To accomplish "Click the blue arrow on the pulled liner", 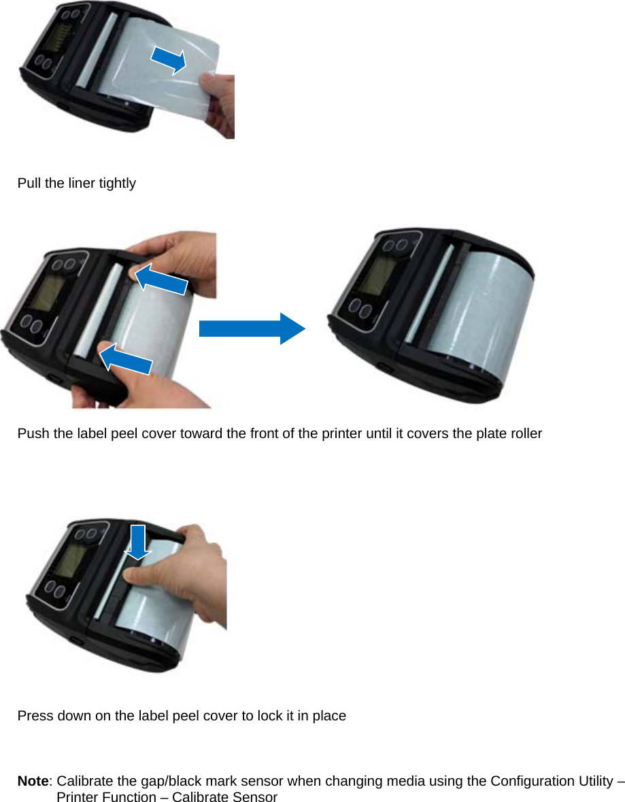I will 168,60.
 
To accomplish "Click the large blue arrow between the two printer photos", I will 252,329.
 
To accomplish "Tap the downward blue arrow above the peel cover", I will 138,541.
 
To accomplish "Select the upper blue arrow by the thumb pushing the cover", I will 161,280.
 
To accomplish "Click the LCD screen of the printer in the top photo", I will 61,34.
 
